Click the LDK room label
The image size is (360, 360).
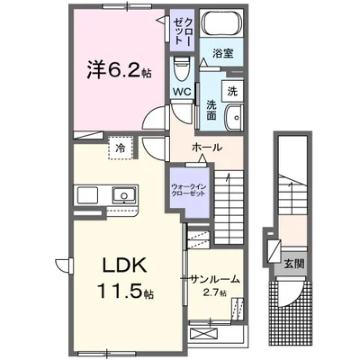coord(125,265)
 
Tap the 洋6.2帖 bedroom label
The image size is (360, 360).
coord(119,69)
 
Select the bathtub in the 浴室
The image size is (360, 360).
coord(221,22)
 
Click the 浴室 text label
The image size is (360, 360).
coord(222,53)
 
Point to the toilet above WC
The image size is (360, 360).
coord(182,69)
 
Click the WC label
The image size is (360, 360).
coord(182,92)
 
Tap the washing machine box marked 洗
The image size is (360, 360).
coord(232,91)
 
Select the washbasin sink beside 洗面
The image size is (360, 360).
coord(234,118)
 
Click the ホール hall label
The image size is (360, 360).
coord(207,148)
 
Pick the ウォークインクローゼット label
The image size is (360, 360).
coord(188,190)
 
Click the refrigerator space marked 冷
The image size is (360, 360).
coord(121,148)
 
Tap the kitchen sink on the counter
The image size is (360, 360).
coord(124,194)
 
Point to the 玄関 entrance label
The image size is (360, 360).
coord(294,264)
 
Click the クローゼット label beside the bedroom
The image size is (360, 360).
coord(183,31)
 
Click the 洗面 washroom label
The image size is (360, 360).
coord(211,110)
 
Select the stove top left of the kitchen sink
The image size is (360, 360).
coord(87,195)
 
